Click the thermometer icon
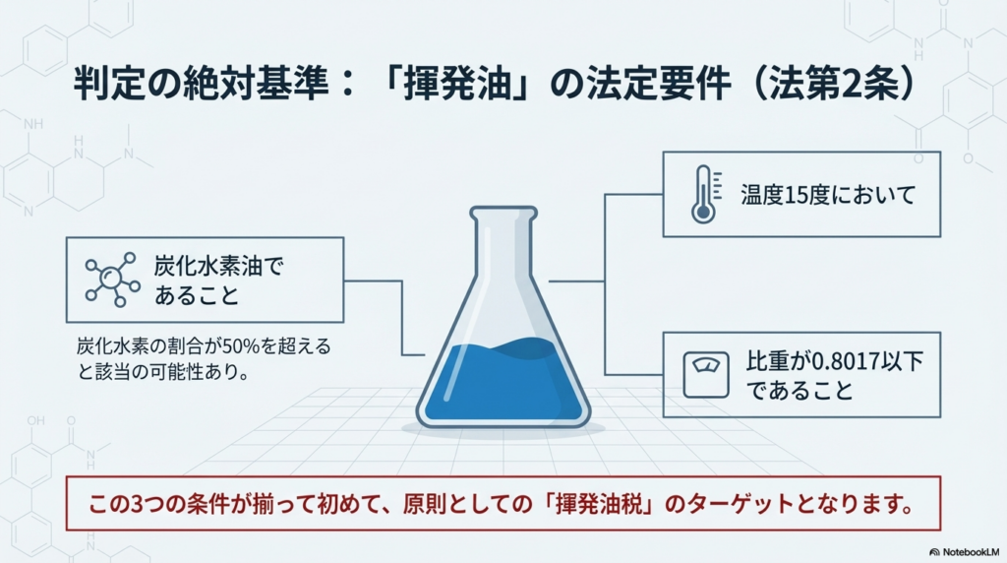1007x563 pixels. tap(705, 194)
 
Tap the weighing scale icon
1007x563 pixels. tap(706, 375)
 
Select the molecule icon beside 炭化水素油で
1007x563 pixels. tap(112, 280)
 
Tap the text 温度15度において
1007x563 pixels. tap(828, 195)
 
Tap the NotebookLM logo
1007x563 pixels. tap(964, 552)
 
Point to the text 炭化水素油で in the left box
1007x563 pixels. tap(218, 266)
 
